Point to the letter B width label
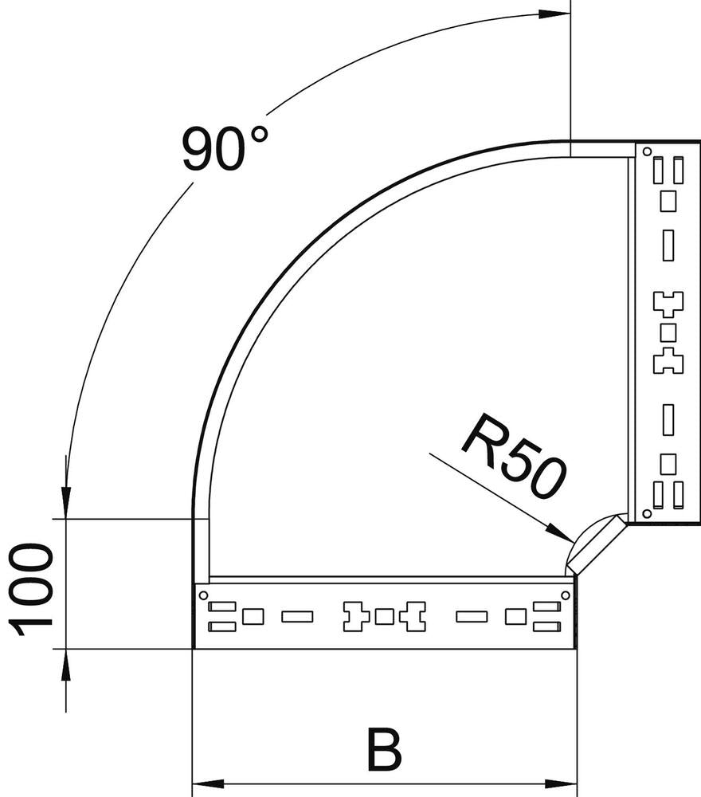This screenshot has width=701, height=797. tap(384, 748)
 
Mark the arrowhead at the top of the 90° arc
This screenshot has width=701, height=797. tap(554, 14)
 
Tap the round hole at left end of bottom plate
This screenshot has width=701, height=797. tap(202, 595)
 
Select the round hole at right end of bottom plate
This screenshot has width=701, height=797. tap(565, 595)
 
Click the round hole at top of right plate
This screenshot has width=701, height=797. tap(648, 151)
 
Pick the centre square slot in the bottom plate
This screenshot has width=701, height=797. tap(384, 616)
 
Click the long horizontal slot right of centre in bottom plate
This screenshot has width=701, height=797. tap(472, 616)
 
